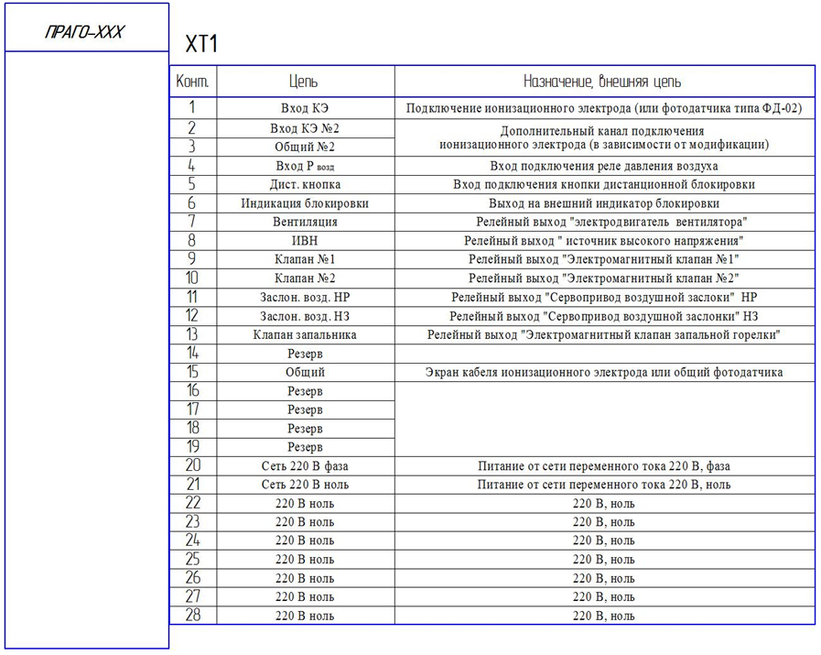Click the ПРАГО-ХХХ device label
pos(84,33)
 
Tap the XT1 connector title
pos(200,45)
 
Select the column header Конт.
pos(192,82)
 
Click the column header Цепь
pos(304,82)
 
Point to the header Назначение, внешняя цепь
pos(602,82)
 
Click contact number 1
pos(192,108)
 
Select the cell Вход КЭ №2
pos(305,128)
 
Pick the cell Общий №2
pos(305,147)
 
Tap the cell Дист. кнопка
pos(305,184)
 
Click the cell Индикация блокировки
pos(305,203)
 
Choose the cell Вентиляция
pos(305,222)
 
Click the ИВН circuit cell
pos(305,241)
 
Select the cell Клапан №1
pos(305,259)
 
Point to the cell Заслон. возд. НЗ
pos(305,316)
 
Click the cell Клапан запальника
pos(305,334)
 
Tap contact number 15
pos(192,372)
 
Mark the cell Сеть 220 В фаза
pos(305,466)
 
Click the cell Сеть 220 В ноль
pos(305,485)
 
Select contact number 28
pos(192,615)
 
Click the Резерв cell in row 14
pos(305,354)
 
